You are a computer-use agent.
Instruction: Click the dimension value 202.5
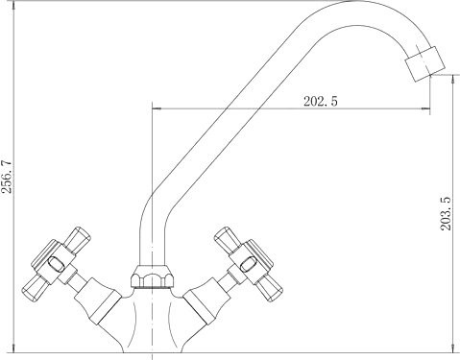(x=321, y=102)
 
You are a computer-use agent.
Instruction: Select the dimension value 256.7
(x=7, y=177)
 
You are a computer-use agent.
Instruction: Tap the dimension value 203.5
(x=446, y=213)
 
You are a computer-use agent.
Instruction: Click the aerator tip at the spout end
(x=425, y=63)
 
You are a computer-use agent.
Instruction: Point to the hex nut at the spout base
(x=153, y=276)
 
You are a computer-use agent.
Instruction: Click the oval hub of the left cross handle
(x=56, y=264)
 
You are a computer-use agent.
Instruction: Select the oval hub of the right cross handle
(x=249, y=265)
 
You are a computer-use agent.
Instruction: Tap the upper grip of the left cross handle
(x=78, y=241)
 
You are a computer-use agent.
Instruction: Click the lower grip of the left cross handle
(x=36, y=287)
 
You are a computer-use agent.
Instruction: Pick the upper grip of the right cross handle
(x=227, y=241)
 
